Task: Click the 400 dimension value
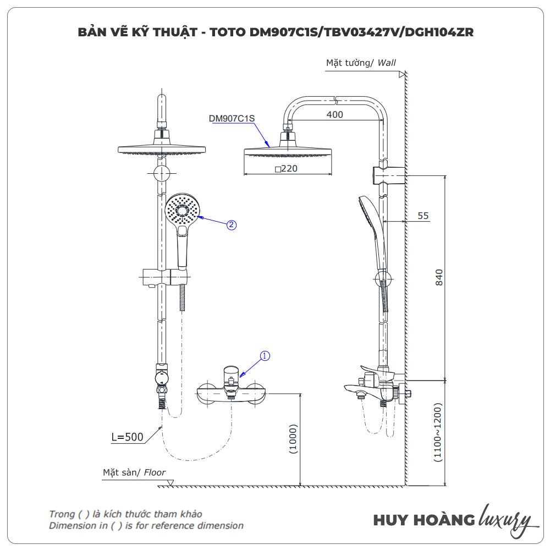pyautogui.click(x=334, y=114)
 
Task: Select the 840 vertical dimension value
pyautogui.click(x=438, y=277)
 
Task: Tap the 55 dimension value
pyautogui.click(x=422, y=216)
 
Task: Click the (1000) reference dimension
pyautogui.click(x=293, y=438)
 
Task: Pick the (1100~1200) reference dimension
pyautogui.click(x=438, y=433)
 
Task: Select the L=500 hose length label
pyautogui.click(x=127, y=437)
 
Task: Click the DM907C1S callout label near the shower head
pyautogui.click(x=232, y=118)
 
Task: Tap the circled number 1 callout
pyautogui.click(x=265, y=356)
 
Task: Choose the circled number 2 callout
pyautogui.click(x=232, y=224)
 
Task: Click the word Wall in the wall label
pyautogui.click(x=387, y=63)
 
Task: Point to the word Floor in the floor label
pyautogui.click(x=155, y=472)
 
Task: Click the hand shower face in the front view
pyautogui.click(x=182, y=210)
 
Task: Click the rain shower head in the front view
pyautogui.click(x=161, y=149)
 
